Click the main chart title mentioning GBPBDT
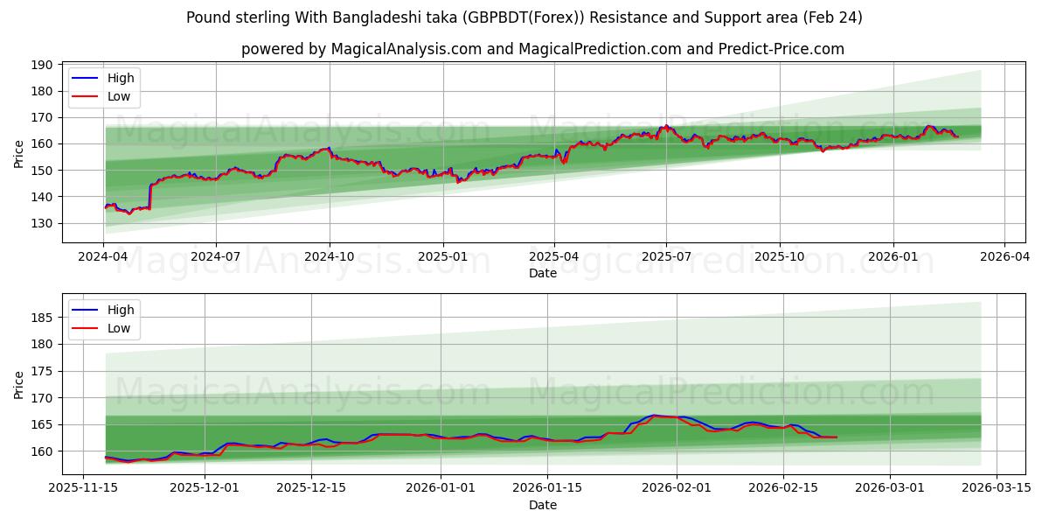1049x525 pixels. click(524, 17)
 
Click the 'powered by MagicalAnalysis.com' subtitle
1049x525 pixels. click(542, 49)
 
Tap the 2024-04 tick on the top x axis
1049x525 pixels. click(104, 257)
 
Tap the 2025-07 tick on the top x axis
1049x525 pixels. click(666, 257)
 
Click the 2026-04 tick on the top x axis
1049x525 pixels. click(1004, 257)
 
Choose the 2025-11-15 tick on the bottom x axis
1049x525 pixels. click(83, 489)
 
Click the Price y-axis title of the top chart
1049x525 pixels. click(19, 153)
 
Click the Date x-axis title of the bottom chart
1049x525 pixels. click(542, 505)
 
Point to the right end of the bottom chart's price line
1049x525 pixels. click(836, 437)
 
